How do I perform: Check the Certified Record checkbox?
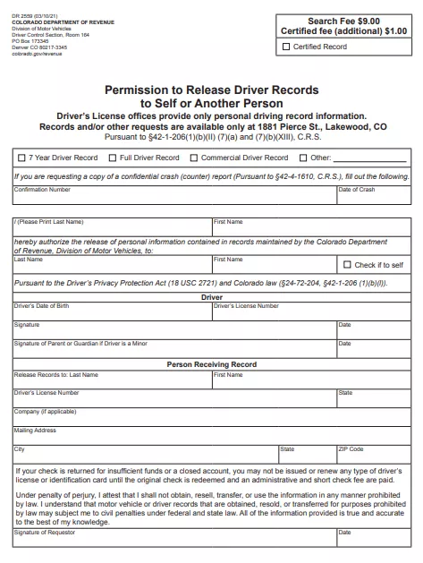pos(286,47)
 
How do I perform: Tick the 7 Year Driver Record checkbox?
pos(22,158)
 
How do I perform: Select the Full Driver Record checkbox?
pos(114,158)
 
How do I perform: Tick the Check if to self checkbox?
pos(347,265)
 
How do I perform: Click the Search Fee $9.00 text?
pos(343,21)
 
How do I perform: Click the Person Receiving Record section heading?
pos(212,364)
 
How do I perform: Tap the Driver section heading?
pos(212,296)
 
